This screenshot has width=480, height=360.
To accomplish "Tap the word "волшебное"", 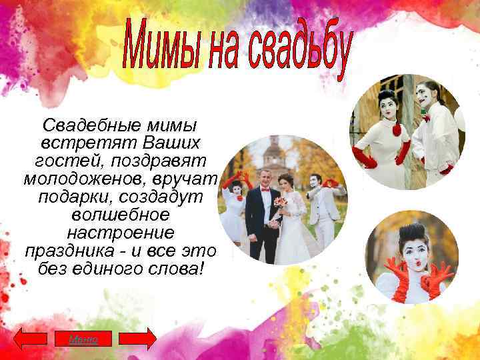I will click(x=121, y=215).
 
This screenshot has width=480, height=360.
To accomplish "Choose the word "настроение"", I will click(x=121, y=233).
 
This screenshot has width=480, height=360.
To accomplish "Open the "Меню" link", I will click(x=83, y=339).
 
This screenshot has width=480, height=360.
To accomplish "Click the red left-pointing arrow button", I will click(x=31, y=339).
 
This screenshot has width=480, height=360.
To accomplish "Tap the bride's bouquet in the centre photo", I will click(x=281, y=203).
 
